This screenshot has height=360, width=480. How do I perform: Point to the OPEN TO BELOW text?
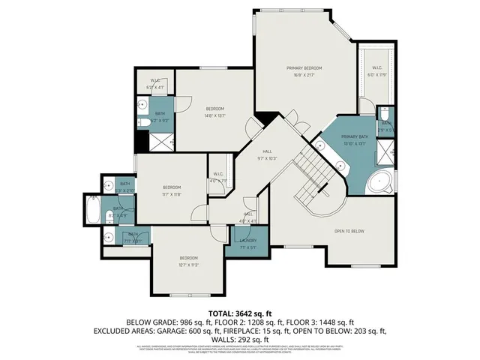tap(349, 231)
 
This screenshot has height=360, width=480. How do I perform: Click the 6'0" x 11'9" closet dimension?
tap(376, 75)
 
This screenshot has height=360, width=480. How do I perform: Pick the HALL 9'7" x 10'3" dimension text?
tap(268, 159)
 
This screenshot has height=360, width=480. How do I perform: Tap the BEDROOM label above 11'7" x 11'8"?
tap(172, 187)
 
